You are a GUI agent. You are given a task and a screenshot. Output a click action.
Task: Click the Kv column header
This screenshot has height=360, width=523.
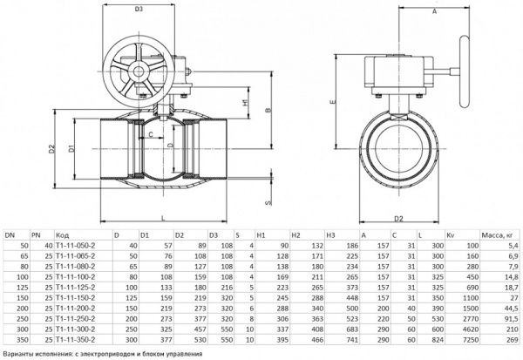pyautogui.click(x=450, y=235)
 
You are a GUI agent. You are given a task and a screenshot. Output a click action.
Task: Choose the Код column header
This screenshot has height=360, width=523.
pyautogui.click(x=62, y=235)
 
